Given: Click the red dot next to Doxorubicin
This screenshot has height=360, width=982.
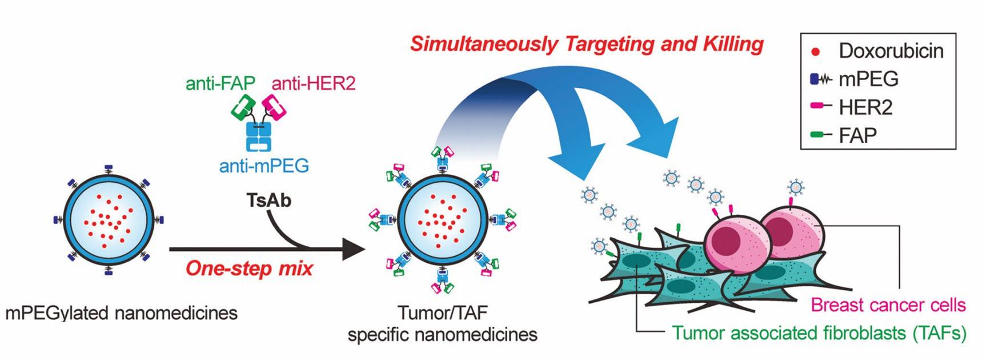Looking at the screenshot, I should [816, 51].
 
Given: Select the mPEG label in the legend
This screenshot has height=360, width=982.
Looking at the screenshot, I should [868, 79].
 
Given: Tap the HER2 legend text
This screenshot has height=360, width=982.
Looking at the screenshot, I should [865, 107].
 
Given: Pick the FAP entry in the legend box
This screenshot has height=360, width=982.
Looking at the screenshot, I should [857, 135].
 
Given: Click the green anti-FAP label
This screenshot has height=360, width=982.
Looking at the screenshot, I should [220, 83].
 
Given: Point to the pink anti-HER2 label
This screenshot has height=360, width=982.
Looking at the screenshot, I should [314, 83].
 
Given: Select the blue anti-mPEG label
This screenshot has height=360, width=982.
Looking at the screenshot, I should [264, 166].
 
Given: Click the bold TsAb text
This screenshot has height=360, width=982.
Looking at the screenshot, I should [268, 201].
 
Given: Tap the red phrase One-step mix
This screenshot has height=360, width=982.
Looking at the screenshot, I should [250, 269].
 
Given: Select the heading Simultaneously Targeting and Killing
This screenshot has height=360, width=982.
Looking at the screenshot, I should [587, 44].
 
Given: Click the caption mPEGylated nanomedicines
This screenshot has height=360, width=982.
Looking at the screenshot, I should [121, 313].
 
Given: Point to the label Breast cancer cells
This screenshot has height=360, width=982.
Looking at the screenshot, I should [888, 305].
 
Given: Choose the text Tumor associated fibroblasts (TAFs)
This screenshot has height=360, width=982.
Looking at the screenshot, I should [819, 333].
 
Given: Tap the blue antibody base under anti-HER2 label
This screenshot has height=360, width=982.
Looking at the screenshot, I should [258, 136].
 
